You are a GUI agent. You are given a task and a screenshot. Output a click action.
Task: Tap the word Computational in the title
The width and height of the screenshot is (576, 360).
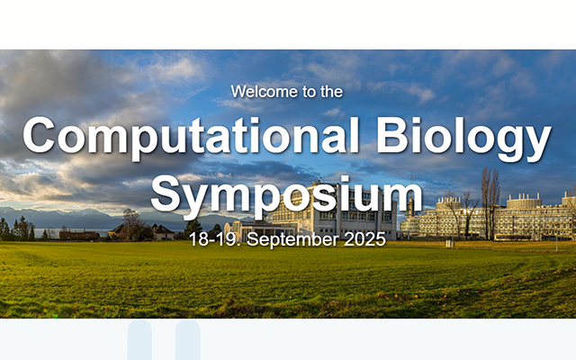click(x=191, y=136)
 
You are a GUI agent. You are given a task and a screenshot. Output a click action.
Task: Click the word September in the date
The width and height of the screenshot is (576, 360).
click(x=292, y=240)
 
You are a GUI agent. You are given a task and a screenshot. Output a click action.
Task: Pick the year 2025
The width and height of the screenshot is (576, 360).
click(x=364, y=239)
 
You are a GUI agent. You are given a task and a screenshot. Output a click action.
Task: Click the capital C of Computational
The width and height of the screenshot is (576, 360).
click(x=40, y=134)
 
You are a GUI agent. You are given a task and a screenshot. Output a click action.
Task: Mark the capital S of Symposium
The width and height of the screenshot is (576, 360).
click(x=166, y=193)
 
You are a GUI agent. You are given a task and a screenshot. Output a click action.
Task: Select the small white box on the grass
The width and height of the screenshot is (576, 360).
click(x=450, y=243)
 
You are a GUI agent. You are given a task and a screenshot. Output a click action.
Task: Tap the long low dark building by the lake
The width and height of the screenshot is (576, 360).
click(x=79, y=235)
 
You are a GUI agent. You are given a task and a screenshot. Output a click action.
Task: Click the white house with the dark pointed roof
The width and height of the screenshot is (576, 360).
click(x=164, y=233)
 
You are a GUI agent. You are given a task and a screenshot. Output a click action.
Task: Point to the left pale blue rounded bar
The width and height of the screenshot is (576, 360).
click(x=139, y=340)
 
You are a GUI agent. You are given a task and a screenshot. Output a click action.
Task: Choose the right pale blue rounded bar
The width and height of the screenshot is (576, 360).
click(x=188, y=340)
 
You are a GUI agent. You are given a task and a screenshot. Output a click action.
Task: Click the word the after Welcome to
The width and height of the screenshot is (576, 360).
click(x=331, y=92)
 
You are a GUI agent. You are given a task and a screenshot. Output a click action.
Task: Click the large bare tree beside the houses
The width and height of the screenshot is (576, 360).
click(x=131, y=223)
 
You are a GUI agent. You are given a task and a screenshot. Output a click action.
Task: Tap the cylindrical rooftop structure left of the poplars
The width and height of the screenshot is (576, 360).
click(x=450, y=203)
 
